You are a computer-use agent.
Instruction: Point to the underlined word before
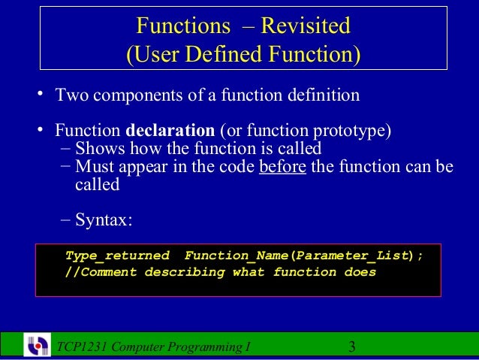click(x=282, y=166)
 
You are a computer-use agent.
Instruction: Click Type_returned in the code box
click(x=117, y=256)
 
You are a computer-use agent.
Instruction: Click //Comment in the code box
click(x=101, y=272)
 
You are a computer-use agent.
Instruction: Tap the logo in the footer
click(x=37, y=345)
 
